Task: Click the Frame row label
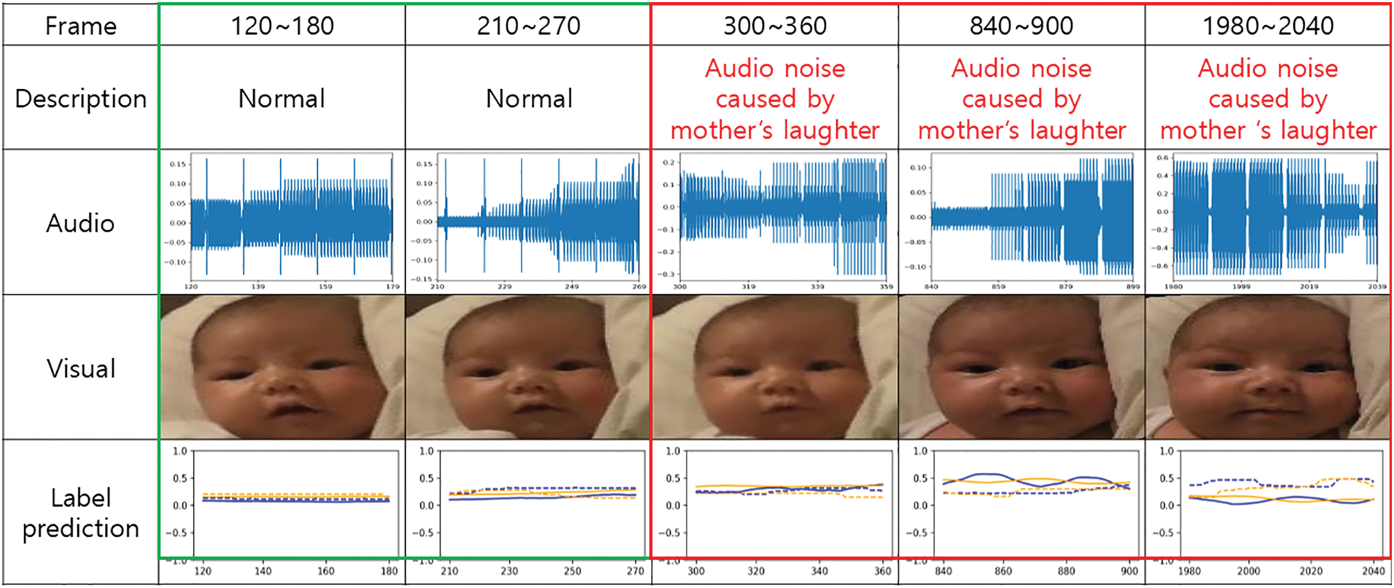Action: tap(80, 26)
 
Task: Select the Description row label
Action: tap(80, 98)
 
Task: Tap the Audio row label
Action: tap(80, 223)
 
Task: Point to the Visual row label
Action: tap(80, 368)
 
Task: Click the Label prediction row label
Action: tap(80, 513)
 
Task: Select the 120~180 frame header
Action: tap(282, 26)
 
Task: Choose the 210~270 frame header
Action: tap(528, 26)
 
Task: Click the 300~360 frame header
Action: tap(775, 26)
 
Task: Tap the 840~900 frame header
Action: tap(1021, 26)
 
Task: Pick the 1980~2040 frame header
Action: tap(1268, 26)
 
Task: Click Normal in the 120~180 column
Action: tap(282, 98)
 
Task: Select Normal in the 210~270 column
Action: tap(529, 98)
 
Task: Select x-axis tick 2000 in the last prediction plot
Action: tap(1248, 571)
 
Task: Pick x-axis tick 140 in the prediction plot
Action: tap(263, 571)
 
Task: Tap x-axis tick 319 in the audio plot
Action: tap(749, 287)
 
